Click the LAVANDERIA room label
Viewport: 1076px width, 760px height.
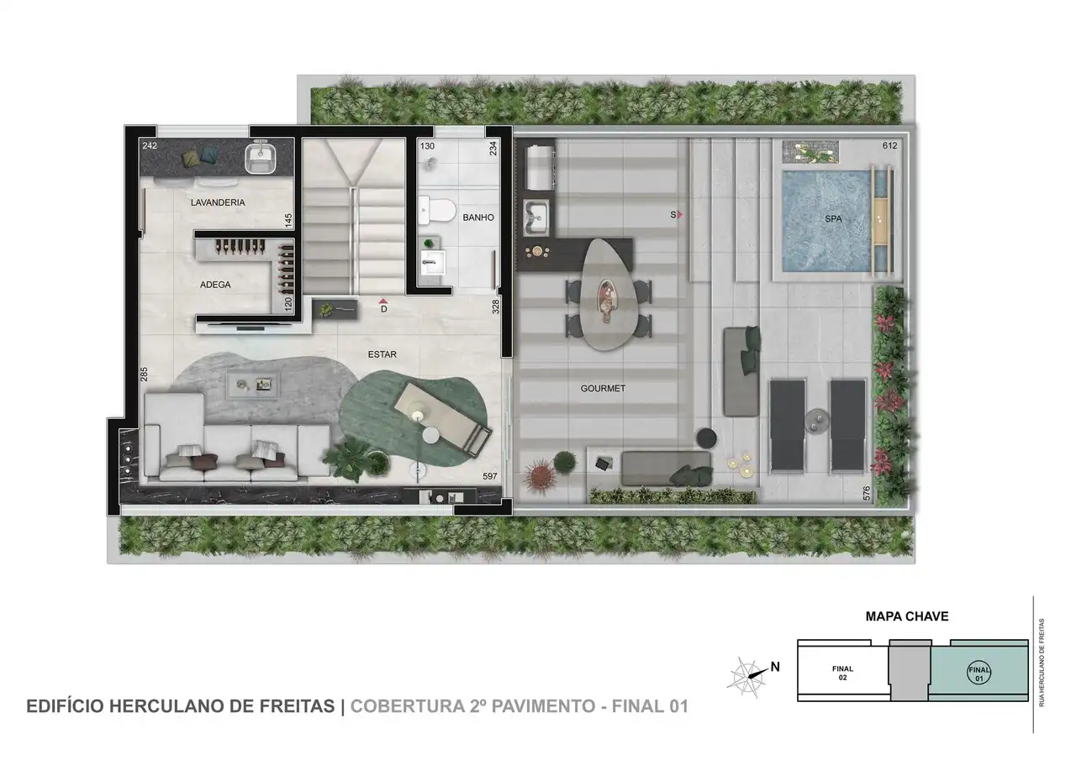pyautogui.click(x=218, y=202)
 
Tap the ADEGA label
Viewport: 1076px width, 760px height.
pyautogui.click(x=215, y=285)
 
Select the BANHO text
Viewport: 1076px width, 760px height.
pyautogui.click(x=477, y=218)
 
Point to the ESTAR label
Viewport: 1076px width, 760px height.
pyautogui.click(x=382, y=354)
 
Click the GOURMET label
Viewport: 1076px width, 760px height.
pyautogui.click(x=603, y=389)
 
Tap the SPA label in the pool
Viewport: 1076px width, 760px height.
pyautogui.click(x=833, y=219)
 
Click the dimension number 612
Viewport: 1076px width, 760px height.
pyautogui.click(x=890, y=146)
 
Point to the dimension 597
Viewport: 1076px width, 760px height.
pyautogui.click(x=489, y=476)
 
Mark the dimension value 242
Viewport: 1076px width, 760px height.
pyautogui.click(x=150, y=146)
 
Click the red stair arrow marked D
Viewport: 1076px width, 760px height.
pyautogui.click(x=383, y=300)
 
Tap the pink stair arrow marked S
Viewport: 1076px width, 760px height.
pyautogui.click(x=679, y=215)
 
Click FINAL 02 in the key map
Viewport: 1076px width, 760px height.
pyautogui.click(x=842, y=673)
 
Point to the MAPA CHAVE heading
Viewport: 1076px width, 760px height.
pyautogui.click(x=907, y=616)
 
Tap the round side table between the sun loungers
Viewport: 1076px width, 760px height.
pyautogui.click(x=816, y=420)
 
